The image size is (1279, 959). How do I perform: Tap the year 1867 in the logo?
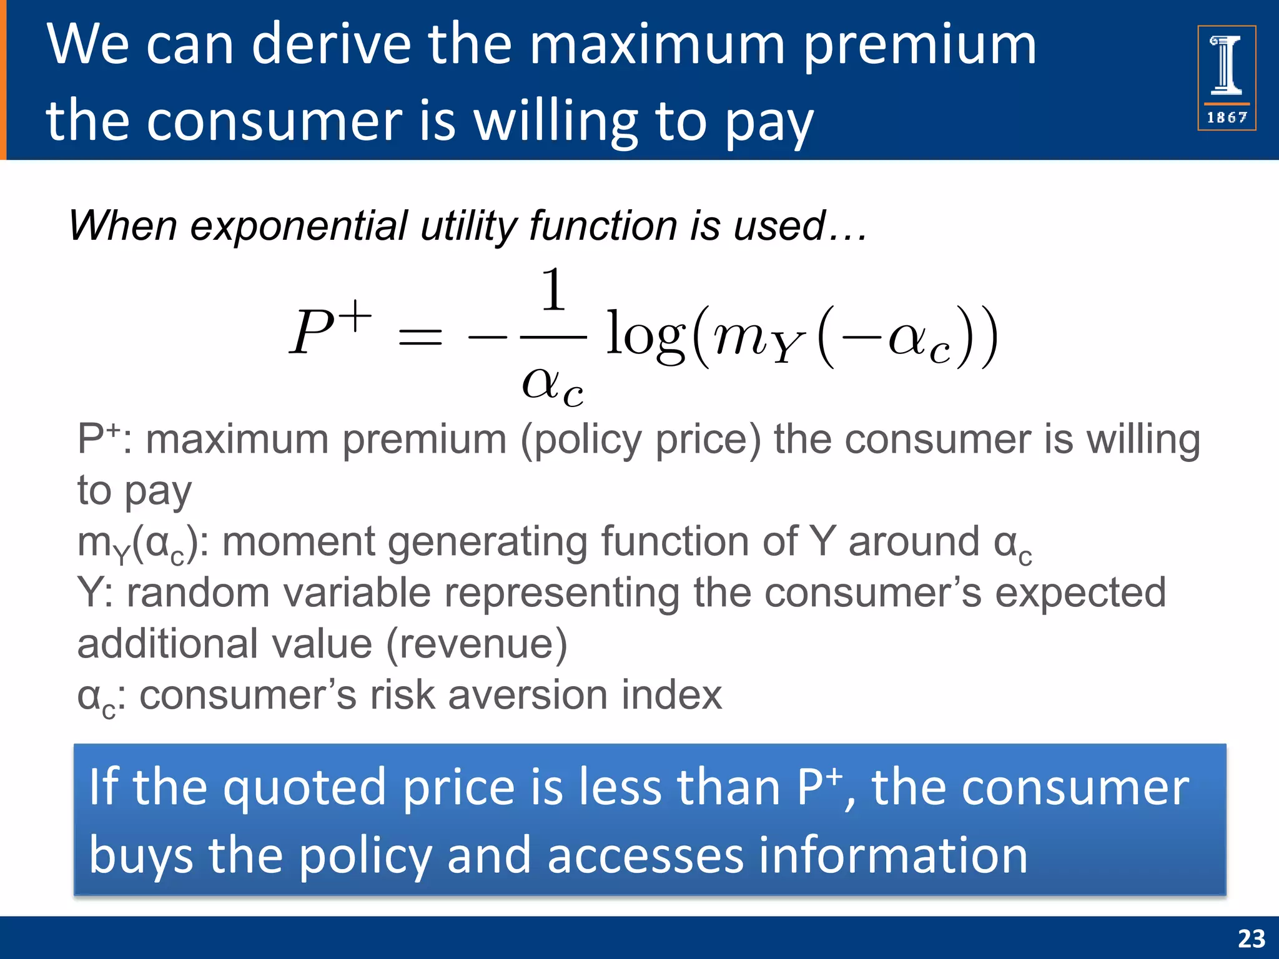tap(1227, 117)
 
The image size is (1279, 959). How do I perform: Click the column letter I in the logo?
tap(1227, 66)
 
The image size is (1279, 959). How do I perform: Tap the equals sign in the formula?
tap(420, 339)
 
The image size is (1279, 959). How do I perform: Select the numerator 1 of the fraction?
tap(553, 290)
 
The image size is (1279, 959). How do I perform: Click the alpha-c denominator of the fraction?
tap(553, 384)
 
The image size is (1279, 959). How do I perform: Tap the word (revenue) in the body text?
tap(477, 644)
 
